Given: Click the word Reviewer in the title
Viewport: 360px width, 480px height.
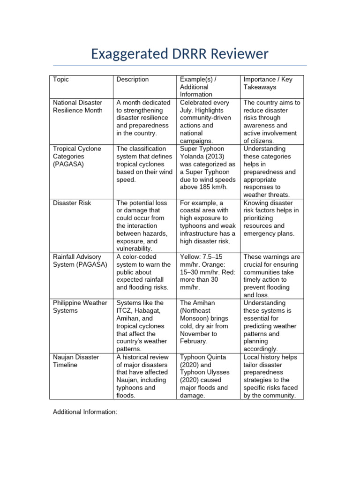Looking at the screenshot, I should [x=239, y=54].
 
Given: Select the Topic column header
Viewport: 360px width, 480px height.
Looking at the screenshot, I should [x=61, y=79].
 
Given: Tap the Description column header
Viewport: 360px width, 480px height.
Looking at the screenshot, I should [x=133, y=79].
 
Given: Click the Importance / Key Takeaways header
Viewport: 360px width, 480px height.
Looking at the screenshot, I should [x=268, y=83].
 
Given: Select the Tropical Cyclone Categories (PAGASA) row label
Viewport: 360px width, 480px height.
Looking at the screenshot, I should [x=77, y=156].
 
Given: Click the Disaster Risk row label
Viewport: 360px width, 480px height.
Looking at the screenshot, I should [x=72, y=203].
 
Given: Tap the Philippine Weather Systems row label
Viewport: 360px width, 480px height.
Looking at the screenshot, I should [x=80, y=307].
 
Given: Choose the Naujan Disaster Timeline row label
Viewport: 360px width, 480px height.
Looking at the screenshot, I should [x=75, y=361].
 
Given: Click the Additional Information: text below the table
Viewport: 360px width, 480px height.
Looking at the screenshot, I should [x=85, y=412].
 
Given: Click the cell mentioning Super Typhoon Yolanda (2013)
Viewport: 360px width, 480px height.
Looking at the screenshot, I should [x=208, y=168].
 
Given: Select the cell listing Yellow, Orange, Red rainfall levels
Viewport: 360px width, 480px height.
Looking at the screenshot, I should [x=208, y=272].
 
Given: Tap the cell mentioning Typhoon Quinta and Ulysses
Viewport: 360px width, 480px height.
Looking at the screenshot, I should [x=208, y=376].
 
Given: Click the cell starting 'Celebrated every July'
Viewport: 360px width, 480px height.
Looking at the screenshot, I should [x=208, y=121].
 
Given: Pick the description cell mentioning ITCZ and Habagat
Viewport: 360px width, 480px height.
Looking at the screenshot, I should [x=143, y=326].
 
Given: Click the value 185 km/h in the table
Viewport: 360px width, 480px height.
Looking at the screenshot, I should [x=214, y=187].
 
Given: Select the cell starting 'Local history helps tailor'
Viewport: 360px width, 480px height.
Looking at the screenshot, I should [x=271, y=376].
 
